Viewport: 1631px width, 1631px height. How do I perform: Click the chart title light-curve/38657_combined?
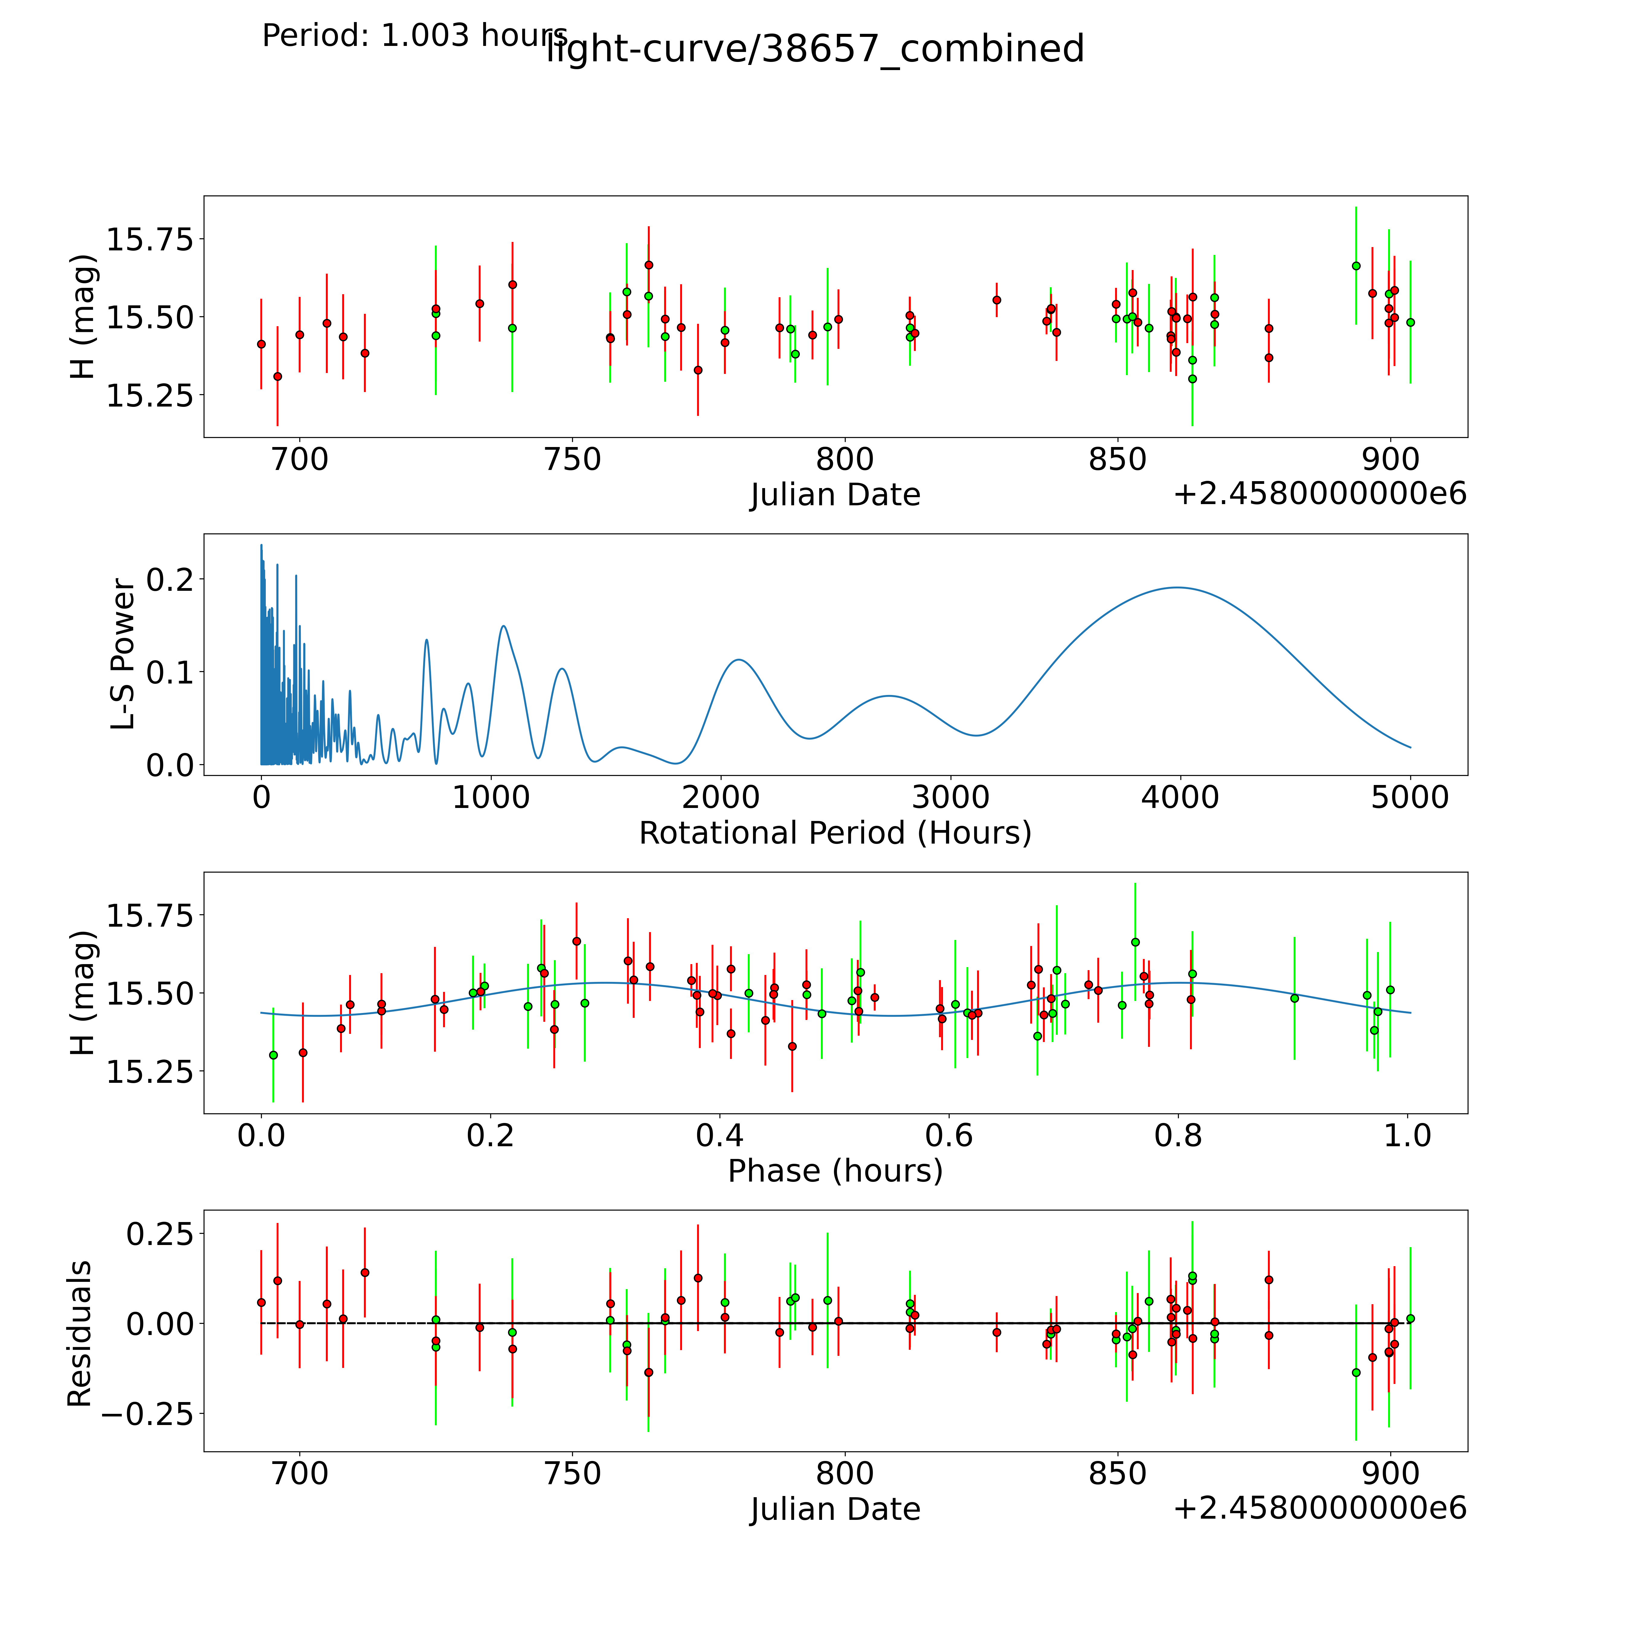coord(815,49)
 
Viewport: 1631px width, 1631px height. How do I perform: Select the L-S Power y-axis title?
coord(122,654)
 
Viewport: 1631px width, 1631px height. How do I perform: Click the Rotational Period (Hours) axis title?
coord(835,833)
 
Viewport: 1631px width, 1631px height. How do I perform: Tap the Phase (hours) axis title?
coord(835,1171)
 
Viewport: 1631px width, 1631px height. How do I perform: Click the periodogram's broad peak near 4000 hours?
coord(1176,587)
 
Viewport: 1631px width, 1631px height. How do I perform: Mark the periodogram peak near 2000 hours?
coord(739,659)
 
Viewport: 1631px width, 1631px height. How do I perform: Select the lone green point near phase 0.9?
coord(1294,998)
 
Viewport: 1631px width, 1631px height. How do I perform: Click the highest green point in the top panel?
coord(1356,266)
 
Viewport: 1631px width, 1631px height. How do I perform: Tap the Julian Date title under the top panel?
coord(835,495)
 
